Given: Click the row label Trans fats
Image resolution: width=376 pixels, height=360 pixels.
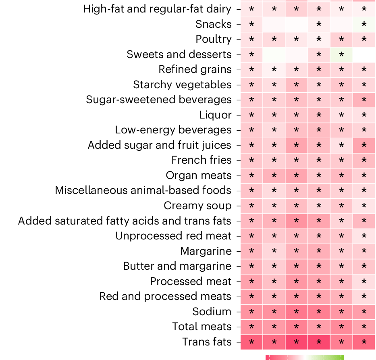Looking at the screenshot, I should pyautogui.click(x=207, y=342).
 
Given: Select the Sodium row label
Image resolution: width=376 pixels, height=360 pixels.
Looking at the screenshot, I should pyautogui.click(x=212, y=312).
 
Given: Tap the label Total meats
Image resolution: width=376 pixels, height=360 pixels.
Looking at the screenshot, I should pyautogui.click(x=202, y=327).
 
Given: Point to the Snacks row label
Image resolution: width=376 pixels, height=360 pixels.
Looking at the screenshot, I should pyautogui.click(x=213, y=24).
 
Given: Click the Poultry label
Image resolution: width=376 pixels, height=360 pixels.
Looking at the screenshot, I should pyautogui.click(x=213, y=40).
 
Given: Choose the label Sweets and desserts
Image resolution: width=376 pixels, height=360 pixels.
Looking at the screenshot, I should pyautogui.click(x=179, y=54).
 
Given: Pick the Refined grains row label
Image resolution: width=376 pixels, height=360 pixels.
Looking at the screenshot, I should pyautogui.click(x=195, y=69).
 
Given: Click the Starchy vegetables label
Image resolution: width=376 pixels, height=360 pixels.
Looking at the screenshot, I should pyautogui.click(x=182, y=85).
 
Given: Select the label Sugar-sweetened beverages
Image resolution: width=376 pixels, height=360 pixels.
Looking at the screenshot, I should pyautogui.click(x=158, y=100).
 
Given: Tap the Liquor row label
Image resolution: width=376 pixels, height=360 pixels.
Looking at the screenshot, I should pyautogui.click(x=215, y=115).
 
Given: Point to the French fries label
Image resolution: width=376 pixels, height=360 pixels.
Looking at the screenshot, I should pyautogui.click(x=201, y=160).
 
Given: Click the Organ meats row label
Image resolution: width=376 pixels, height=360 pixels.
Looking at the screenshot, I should pyautogui.click(x=198, y=175).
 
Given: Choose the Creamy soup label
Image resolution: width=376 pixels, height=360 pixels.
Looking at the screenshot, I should pyautogui.click(x=197, y=206).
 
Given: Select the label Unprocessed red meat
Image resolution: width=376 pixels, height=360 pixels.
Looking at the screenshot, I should pyautogui.click(x=173, y=236).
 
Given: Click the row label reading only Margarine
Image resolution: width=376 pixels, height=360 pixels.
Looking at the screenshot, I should pyautogui.click(x=206, y=251).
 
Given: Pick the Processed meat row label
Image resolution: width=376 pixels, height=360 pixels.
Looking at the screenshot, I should pyautogui.click(x=191, y=281).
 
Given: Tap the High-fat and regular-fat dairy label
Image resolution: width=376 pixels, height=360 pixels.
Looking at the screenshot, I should pyautogui.click(x=157, y=9).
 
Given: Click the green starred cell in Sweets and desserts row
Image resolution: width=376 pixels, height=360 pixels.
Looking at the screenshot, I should pyautogui.click(x=341, y=54).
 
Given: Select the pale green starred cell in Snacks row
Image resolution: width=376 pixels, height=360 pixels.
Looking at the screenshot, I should pyautogui.click(x=364, y=24).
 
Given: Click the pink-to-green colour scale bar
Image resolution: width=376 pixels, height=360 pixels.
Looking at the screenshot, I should pyautogui.click(x=305, y=357).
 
